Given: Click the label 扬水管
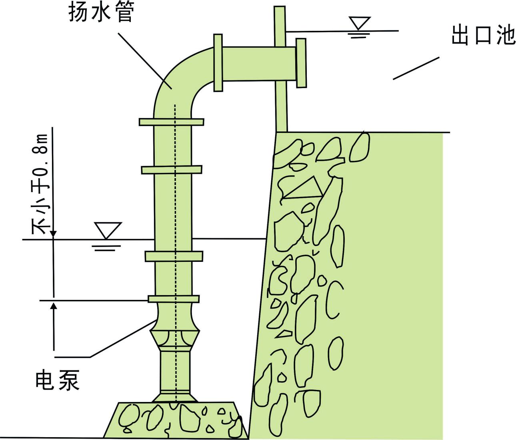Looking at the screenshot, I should pos(100,14).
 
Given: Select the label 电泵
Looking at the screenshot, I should pos(58,380).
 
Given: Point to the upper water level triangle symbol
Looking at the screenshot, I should pos(359,23).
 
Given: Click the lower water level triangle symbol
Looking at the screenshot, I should pos(107,230).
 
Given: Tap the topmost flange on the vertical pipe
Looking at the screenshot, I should pos(171,122).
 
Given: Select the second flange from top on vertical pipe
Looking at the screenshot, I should pos(171,170).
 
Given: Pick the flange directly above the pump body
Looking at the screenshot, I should pos(174,299).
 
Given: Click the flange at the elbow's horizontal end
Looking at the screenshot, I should pos(218,63).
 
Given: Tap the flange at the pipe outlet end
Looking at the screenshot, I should pos(301,63).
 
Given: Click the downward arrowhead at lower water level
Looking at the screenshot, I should pos(53,234).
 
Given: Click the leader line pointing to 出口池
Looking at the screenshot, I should pos(416,68).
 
